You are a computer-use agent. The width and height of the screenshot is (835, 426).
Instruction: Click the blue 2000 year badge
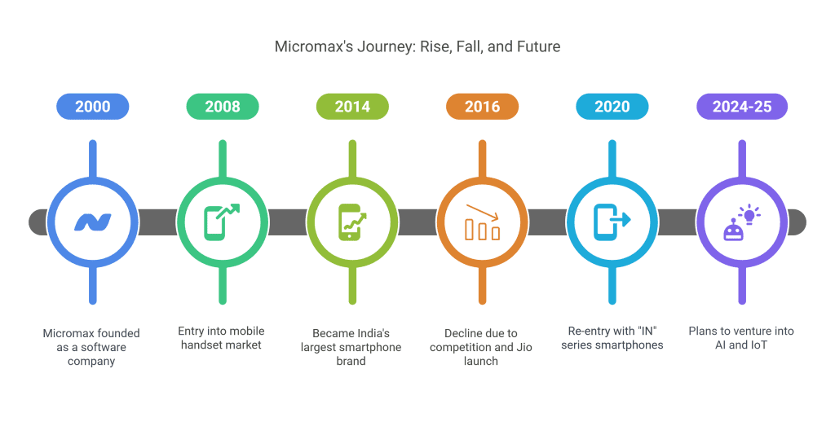click(93, 107)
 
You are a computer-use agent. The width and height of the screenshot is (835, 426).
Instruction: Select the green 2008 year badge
click(223, 107)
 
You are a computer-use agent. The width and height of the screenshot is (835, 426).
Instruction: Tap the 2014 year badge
click(352, 107)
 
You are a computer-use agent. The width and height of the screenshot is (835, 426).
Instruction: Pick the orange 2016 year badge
click(483, 107)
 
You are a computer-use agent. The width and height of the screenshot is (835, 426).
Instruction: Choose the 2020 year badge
click(612, 107)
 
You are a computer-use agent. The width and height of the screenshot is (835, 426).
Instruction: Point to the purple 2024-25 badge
click(742, 107)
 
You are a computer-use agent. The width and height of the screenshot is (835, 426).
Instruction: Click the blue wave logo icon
click(93, 222)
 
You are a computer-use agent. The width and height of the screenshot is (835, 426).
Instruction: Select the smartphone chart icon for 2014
click(352, 222)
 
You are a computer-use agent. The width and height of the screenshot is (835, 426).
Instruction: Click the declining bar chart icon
click(482, 222)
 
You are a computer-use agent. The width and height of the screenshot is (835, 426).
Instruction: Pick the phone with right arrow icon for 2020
click(612, 222)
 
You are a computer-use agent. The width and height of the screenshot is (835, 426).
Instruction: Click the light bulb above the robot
click(750, 214)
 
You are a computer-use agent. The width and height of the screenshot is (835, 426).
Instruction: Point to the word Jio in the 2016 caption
click(524, 347)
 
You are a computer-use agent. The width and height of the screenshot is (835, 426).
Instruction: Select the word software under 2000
click(103, 347)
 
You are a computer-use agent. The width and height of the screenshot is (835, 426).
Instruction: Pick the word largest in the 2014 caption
click(320, 348)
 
